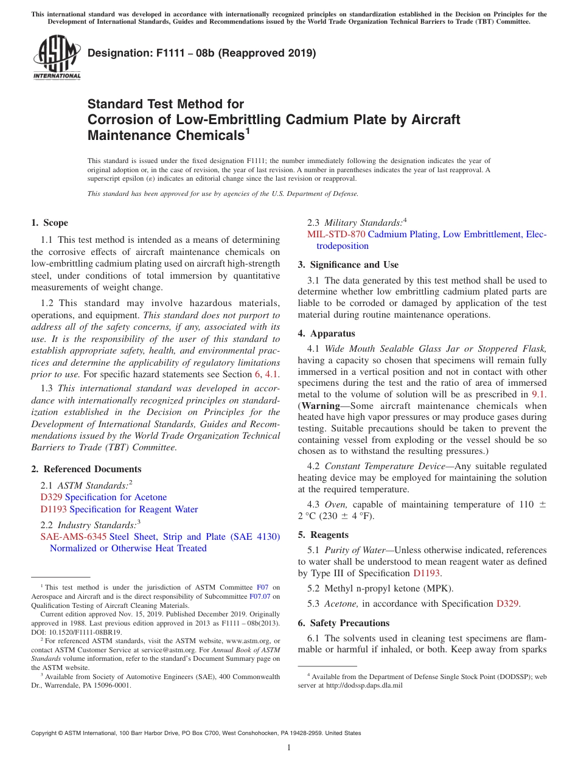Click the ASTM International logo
[57, 59]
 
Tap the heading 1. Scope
[50, 223]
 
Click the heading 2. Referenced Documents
[86, 469]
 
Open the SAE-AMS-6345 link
[73, 537]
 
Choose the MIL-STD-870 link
[336, 234]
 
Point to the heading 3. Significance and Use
[348, 265]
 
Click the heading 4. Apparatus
[326, 333]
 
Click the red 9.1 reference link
[538, 394]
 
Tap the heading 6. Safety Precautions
[343, 623]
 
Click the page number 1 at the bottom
[289, 748]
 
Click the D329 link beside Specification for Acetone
[51, 497]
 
